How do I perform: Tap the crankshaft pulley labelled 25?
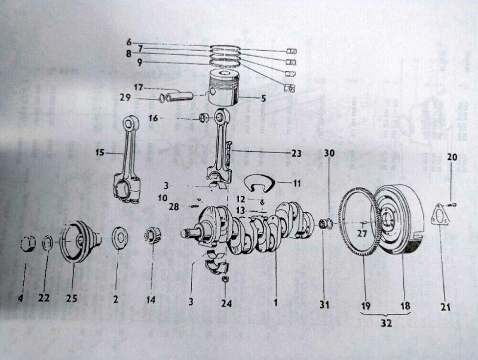pyautogui.click(x=81, y=242)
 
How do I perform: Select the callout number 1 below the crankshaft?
pyautogui.click(x=276, y=303)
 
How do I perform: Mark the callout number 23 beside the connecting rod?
pyautogui.click(x=296, y=152)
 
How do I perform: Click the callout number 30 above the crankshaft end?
pyautogui.click(x=329, y=153)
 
